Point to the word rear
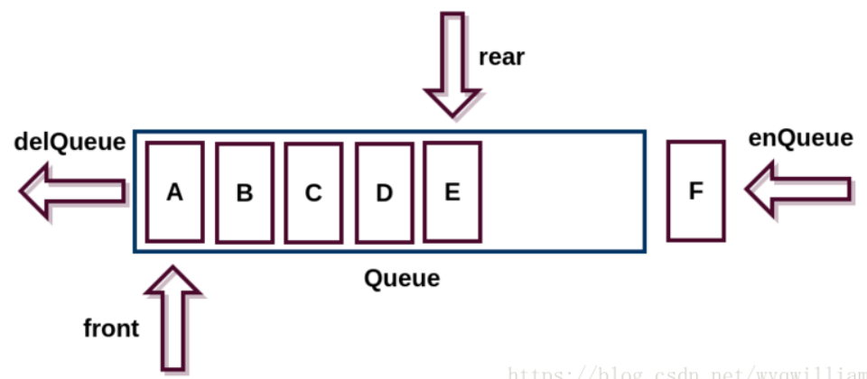tap(502, 57)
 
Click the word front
tap(111, 328)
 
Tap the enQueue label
tap(801, 138)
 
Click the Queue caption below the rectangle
tap(402, 278)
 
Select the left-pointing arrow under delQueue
tap(72, 191)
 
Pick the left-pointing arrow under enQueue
tap(798, 189)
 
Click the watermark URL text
tap(686, 371)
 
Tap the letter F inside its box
tap(695, 192)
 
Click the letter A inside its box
tap(174, 192)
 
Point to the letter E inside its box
tap(452, 192)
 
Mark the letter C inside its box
tap(313, 193)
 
